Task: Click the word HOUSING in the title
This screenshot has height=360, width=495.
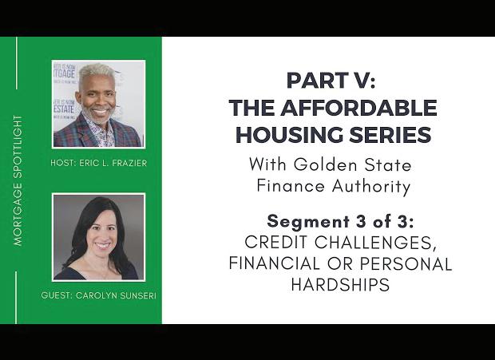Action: (x=289, y=135)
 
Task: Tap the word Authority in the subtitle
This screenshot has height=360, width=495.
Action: (x=371, y=186)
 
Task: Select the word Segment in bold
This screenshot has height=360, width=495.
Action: (x=303, y=221)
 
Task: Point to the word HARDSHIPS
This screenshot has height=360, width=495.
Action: (x=340, y=285)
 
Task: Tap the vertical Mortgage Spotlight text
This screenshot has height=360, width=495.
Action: (x=18, y=180)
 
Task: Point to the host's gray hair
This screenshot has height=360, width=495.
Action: (x=95, y=72)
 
